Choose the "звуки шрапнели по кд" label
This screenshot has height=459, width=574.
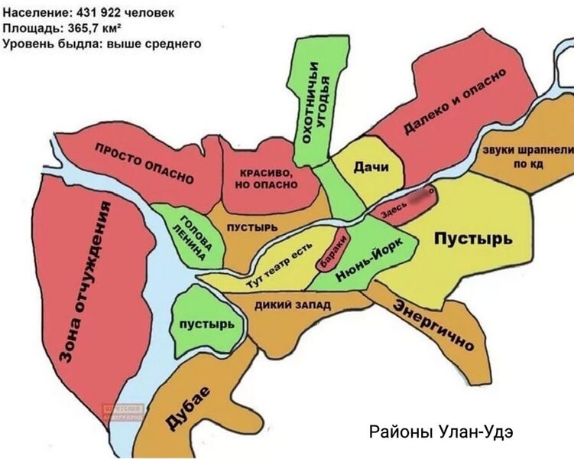click(527, 157)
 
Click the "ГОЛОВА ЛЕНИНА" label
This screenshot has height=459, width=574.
click(188, 234)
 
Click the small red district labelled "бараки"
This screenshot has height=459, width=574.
click(334, 252)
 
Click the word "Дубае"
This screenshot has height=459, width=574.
click(187, 409)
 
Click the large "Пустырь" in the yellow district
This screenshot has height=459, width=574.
click(473, 239)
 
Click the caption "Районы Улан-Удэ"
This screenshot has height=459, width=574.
click(441, 431)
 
